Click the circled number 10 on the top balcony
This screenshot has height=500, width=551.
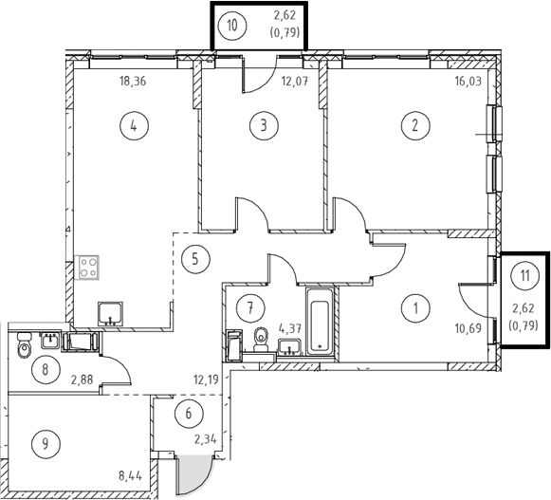pyautogui.click(x=232, y=26)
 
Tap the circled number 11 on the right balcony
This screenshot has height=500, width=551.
pyautogui.click(x=525, y=276)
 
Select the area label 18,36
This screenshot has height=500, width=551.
pyautogui.click(x=133, y=82)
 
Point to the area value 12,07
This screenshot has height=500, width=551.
pyautogui.click(x=295, y=82)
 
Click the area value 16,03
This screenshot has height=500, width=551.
pyautogui.click(x=468, y=82)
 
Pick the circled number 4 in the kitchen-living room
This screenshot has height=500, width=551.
pyautogui.click(x=134, y=125)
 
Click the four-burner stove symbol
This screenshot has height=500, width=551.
pyautogui.click(x=87, y=268)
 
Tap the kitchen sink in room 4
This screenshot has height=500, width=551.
pyautogui.click(x=110, y=313)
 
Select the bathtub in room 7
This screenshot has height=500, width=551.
pyautogui.click(x=320, y=322)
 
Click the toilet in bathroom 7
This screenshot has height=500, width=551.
pyautogui.click(x=261, y=340)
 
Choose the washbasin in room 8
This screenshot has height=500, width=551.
pyautogui.click(x=49, y=341)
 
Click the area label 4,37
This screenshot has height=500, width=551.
pyautogui.click(x=290, y=329)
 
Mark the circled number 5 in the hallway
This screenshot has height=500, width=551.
pyautogui.click(x=195, y=259)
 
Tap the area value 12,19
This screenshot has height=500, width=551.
pyautogui.click(x=206, y=380)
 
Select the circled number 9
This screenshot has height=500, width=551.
pyautogui.click(x=46, y=444)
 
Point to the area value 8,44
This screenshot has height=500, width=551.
pyautogui.click(x=130, y=476)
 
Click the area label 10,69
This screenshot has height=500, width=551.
pyautogui.click(x=468, y=329)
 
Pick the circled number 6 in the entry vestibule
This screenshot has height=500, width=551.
pyautogui.click(x=189, y=414)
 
